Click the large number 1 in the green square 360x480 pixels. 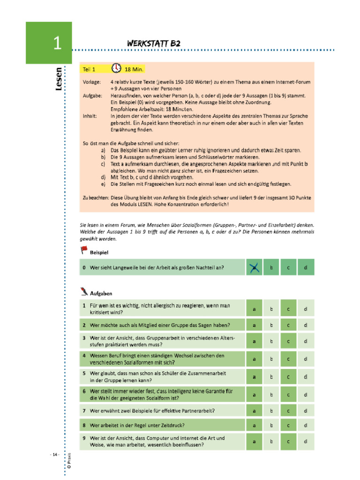click(x=57, y=43)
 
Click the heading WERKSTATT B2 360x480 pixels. click(x=154, y=44)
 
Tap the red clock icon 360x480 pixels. click(x=116, y=68)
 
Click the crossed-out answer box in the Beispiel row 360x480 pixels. click(x=254, y=267)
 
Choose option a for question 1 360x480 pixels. click(x=254, y=309)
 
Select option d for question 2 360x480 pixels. click(x=305, y=325)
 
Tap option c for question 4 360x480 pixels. click(x=288, y=359)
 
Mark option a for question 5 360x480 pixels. click(x=254, y=376)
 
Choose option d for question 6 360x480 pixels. click(x=305, y=394)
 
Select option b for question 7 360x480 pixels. click(x=271, y=411)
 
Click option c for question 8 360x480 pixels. click(x=288, y=426)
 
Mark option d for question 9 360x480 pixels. click(x=305, y=441)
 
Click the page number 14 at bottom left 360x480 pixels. click(x=55, y=455)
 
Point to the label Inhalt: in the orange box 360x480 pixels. click(x=90, y=116)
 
